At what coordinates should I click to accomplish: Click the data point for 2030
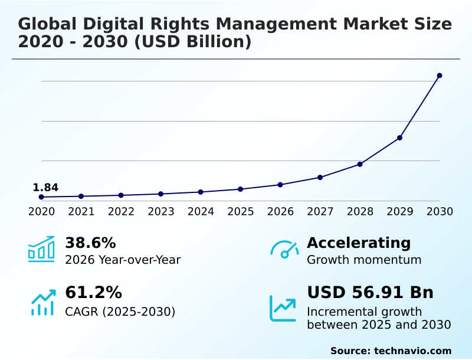pos(440,76)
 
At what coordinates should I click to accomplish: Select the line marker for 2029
pos(400,138)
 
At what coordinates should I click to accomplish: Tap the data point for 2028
pos(360,164)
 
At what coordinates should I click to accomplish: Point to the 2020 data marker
pos(41,197)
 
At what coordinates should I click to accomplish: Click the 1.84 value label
pos(45,188)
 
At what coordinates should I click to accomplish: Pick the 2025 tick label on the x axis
pos(241,211)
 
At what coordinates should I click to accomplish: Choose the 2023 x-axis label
pos(161,211)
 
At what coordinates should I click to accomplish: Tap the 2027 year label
pos(320,211)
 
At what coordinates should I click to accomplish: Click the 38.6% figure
pos(90,243)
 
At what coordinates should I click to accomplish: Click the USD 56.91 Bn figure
pos(370,292)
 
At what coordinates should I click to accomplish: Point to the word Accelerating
pos(359,243)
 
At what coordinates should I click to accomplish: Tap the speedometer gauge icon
pos(284,250)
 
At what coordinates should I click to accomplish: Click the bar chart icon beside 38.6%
pos(41,249)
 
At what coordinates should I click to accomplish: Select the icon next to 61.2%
pos(42,302)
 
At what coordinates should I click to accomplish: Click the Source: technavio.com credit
pos(391,351)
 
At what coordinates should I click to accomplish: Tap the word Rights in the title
pos(155,24)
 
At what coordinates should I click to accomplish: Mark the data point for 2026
pos(280,185)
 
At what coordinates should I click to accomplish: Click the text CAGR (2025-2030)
pos(120,312)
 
